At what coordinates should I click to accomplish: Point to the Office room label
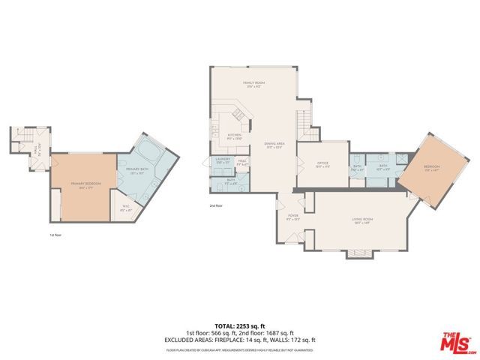pyautogui.click(x=323, y=164)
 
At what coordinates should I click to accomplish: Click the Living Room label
pyautogui.click(x=362, y=220)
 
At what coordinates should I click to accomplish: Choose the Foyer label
pyautogui.click(x=292, y=217)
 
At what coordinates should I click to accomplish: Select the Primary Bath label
pyautogui.click(x=136, y=172)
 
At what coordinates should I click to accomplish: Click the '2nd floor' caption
pyautogui.click(x=217, y=205)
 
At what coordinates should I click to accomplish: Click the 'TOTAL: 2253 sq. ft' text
pyautogui.click(x=239, y=325)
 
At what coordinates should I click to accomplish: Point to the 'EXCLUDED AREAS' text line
pyautogui.click(x=239, y=340)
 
